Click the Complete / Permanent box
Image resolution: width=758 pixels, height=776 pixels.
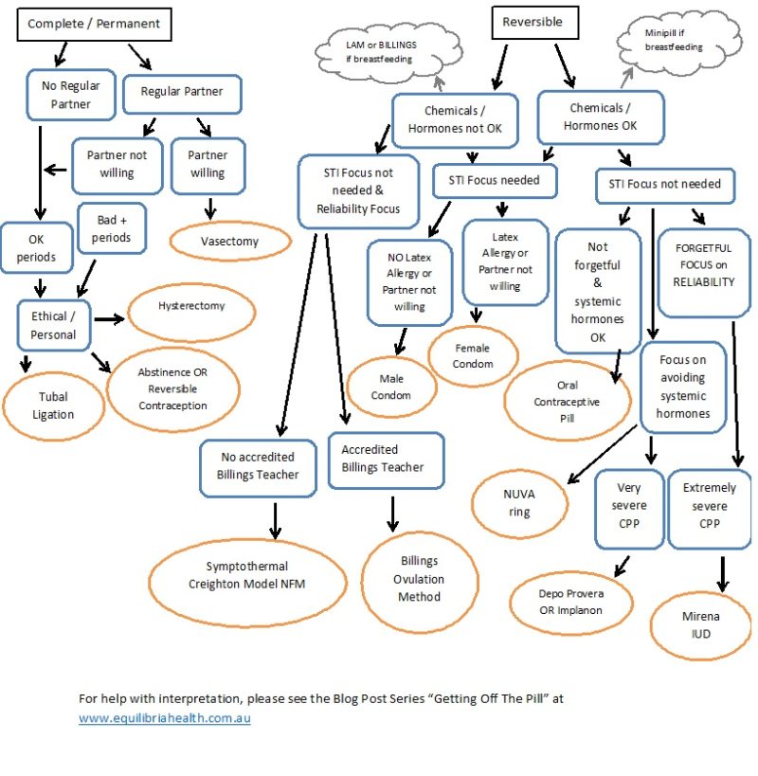94,24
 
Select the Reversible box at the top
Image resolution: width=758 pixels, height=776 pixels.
532,22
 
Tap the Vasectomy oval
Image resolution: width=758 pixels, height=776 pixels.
228,242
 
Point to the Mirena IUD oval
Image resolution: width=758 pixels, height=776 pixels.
701,624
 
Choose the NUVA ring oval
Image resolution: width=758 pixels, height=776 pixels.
519,502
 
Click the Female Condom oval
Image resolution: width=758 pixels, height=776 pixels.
473,355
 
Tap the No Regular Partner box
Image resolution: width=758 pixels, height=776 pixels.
70,96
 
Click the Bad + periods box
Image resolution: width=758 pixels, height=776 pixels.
112,228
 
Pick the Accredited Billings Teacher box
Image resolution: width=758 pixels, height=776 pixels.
386,459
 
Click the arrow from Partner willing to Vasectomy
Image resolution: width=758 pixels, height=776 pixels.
210,208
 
